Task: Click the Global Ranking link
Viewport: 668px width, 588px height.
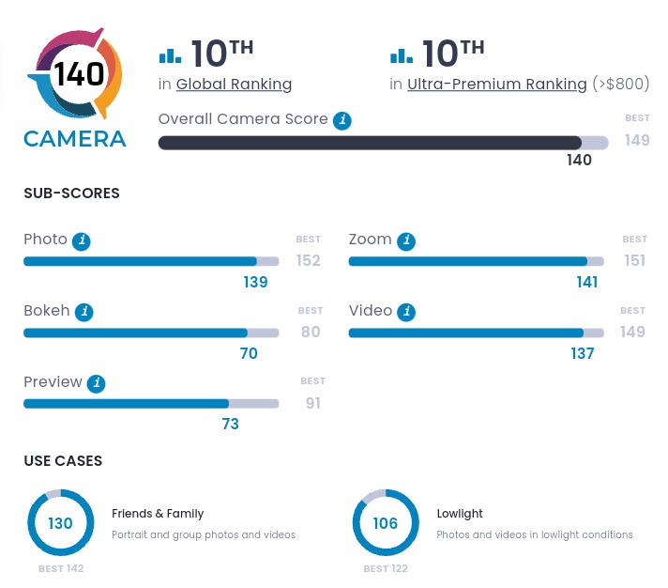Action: [234, 85]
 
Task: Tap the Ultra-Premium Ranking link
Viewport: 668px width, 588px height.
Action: [496, 85]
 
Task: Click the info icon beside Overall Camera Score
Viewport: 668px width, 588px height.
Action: [343, 120]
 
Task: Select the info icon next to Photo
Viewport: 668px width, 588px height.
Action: [83, 240]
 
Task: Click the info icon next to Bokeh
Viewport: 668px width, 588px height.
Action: [84, 312]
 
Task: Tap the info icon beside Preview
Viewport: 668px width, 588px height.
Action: [97, 383]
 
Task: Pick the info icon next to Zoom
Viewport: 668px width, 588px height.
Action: [405, 240]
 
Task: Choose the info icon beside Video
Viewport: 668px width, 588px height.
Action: [406, 312]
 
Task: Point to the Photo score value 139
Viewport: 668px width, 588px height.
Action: [255, 282]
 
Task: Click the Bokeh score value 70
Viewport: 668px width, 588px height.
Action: [249, 353]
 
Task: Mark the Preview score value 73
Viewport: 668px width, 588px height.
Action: [230, 424]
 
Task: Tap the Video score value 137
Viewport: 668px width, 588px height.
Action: [583, 353]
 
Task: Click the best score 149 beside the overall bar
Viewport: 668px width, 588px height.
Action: [637, 141]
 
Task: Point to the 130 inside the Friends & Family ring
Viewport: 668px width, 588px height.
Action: [60, 523]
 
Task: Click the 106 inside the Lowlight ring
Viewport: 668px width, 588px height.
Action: [386, 523]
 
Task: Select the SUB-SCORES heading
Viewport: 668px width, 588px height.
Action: [71, 193]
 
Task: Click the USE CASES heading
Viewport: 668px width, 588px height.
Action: [63, 461]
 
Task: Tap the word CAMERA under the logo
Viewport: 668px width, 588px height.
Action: [75, 139]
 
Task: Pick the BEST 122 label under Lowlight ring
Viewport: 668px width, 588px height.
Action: [385, 568]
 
